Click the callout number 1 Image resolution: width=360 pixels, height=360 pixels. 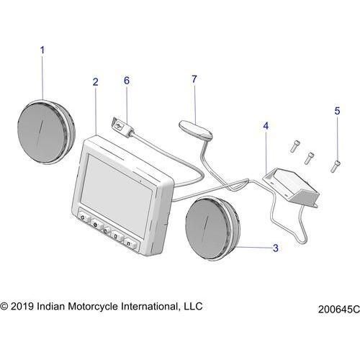pos(42,50)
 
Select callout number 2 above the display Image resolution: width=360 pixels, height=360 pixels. pos(96,82)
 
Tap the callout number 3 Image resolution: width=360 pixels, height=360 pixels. pos(276,248)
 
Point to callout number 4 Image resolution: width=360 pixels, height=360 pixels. pos(266,126)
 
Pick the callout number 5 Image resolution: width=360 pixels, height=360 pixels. pos(337,111)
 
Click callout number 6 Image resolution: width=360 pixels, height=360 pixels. pos(127,81)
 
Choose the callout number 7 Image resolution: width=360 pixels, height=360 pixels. pos(194,79)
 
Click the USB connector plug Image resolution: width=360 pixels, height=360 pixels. pos(123,127)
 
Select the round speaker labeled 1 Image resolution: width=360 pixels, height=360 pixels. pos(46,132)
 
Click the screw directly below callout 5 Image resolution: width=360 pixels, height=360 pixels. pos(336,166)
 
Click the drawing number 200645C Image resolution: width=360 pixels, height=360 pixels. pos(339,310)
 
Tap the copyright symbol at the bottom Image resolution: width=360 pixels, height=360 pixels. pos(4,307)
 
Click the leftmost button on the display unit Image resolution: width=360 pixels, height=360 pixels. pos(84,217)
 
